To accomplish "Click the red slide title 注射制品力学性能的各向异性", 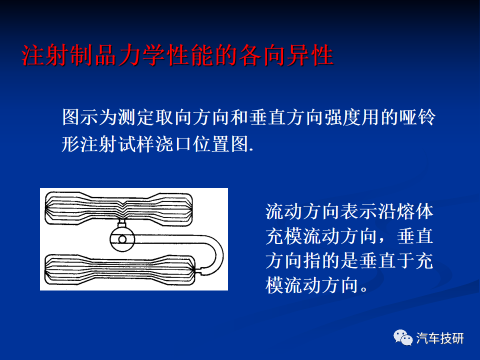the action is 177,55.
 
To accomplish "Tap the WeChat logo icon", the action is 403,337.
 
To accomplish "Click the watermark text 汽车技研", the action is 440,338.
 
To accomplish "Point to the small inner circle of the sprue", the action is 122,239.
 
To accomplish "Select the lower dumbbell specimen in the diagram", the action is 120,269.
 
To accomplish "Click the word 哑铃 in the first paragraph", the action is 417,117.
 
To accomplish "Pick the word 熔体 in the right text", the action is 415,212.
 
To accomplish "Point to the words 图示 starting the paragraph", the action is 80,117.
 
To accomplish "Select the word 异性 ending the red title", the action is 310,55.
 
